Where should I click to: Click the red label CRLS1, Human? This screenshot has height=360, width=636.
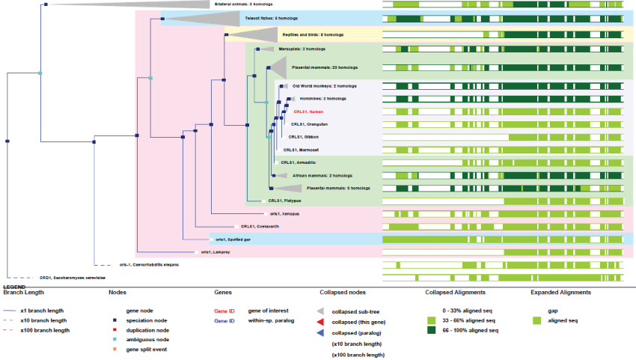point(308,112)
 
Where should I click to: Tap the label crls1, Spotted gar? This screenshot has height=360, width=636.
point(231,239)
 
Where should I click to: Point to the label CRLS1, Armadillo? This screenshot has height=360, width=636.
point(297,162)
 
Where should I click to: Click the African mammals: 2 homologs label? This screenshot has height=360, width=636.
point(317,174)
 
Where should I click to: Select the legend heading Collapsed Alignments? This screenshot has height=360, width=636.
point(456,293)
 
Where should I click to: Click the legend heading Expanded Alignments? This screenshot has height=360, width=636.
point(560,293)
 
